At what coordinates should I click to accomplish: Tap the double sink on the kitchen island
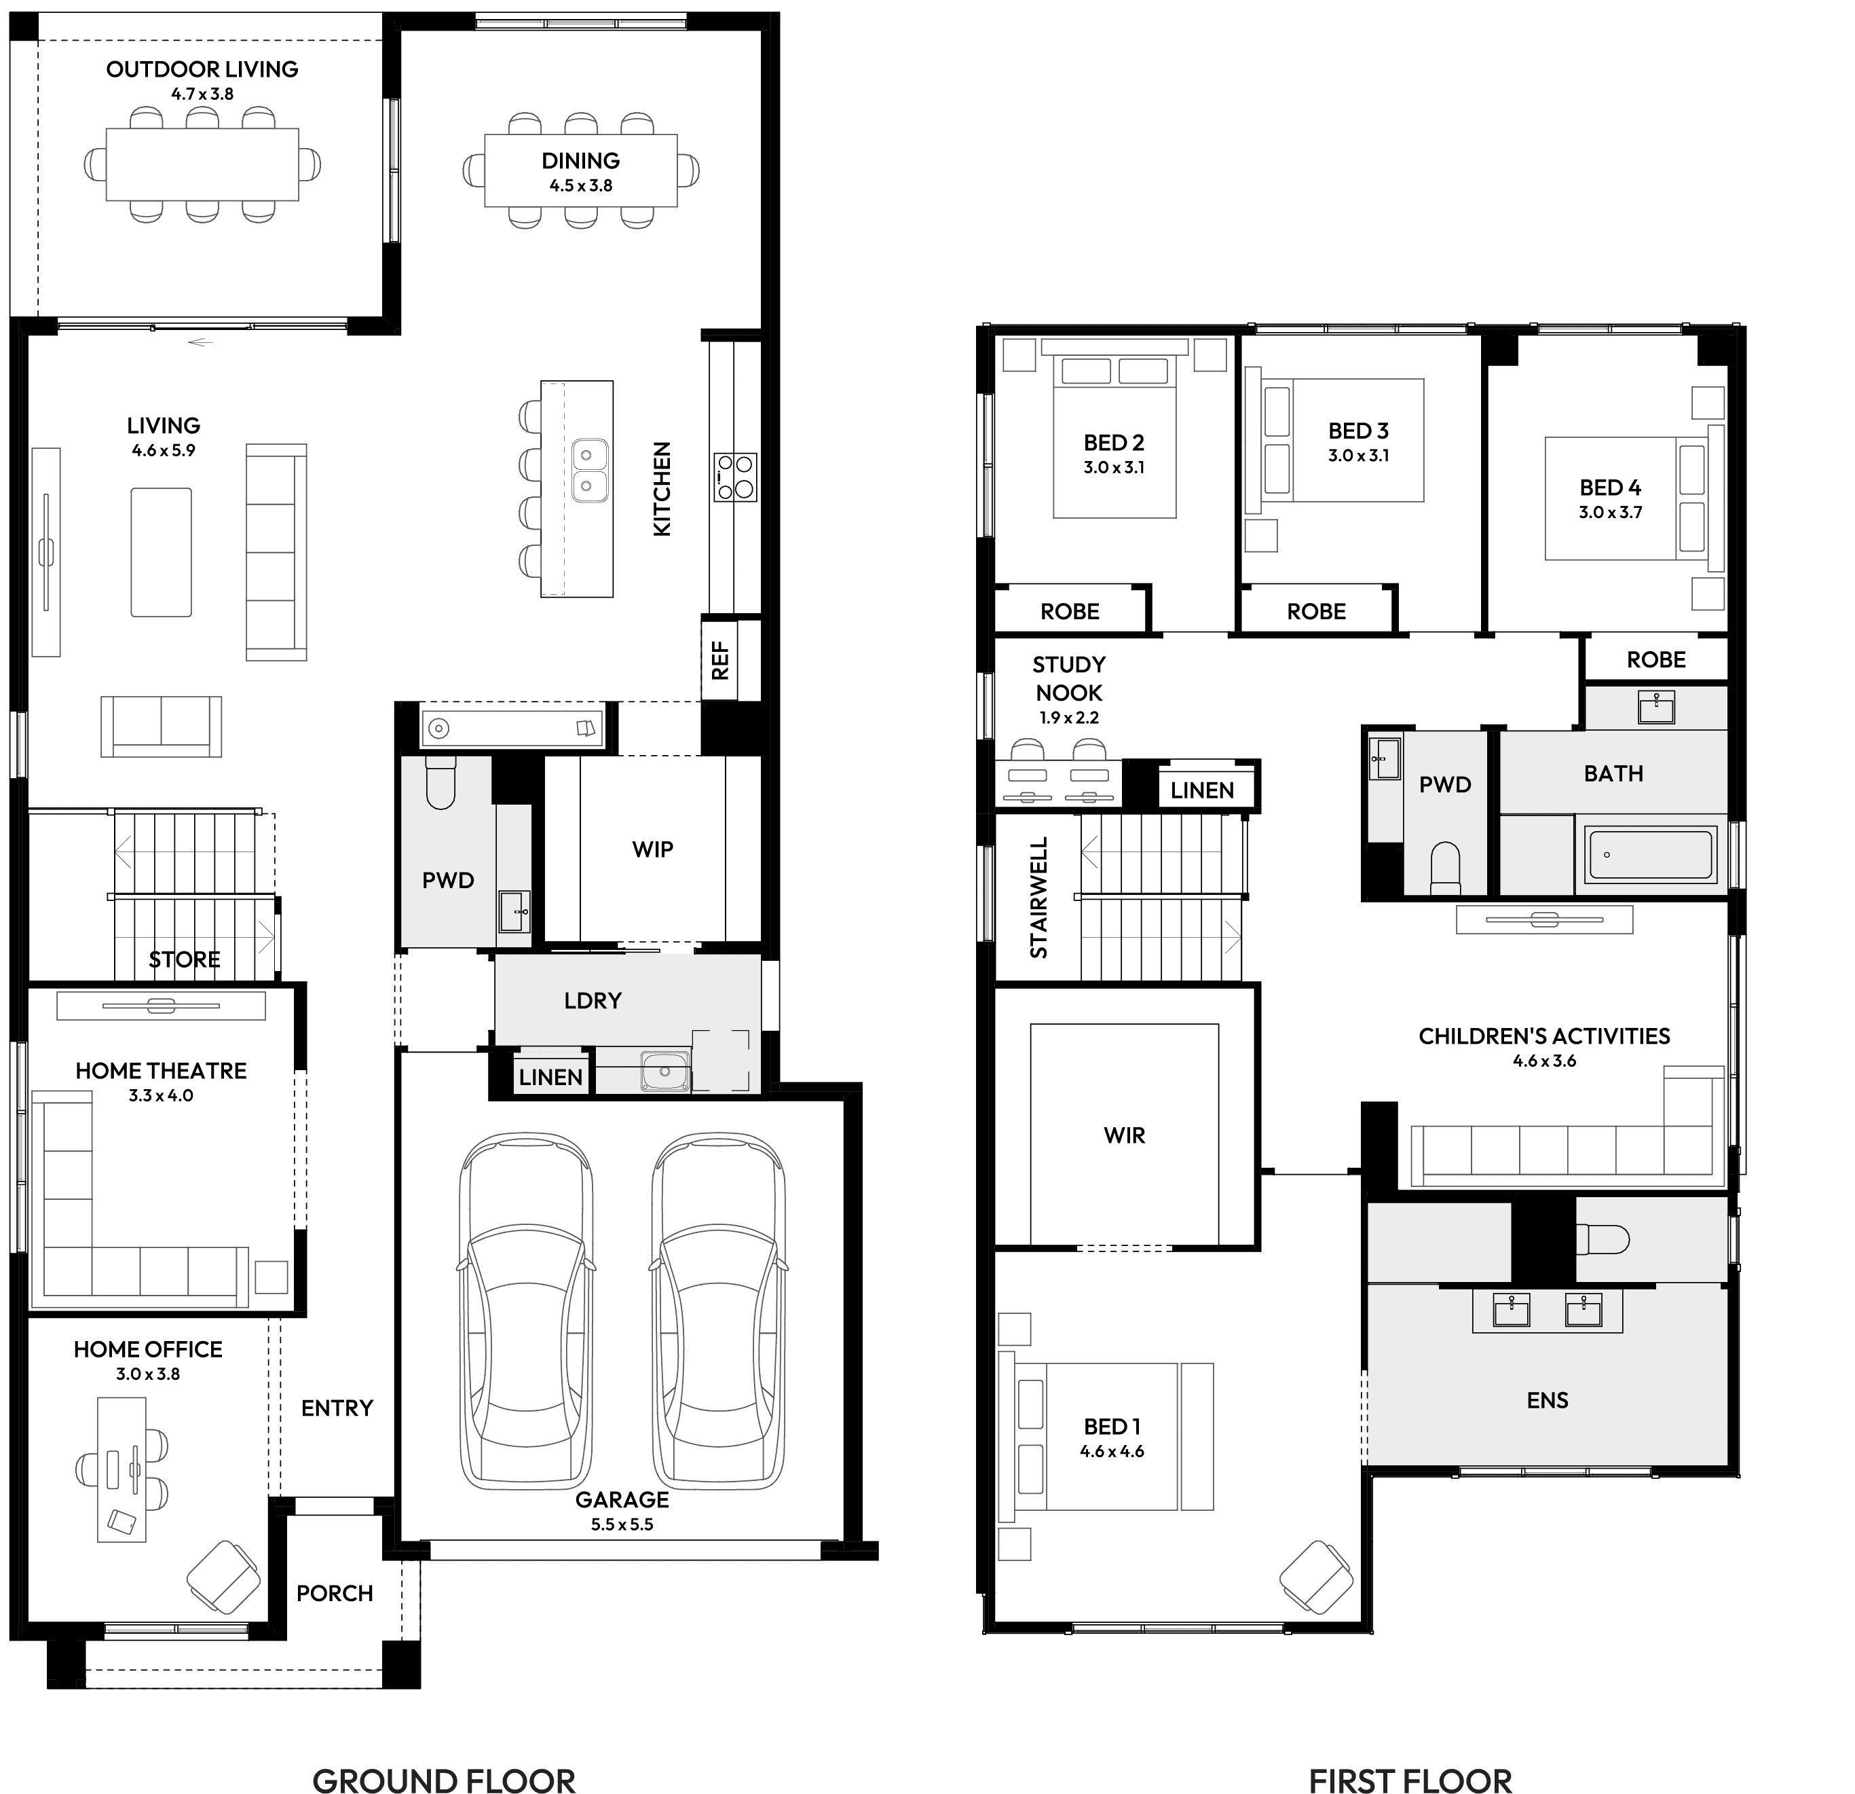[x=588, y=471]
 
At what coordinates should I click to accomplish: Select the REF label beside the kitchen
[x=720, y=661]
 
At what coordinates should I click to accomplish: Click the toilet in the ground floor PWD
[x=440, y=783]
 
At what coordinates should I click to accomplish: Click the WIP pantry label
[x=653, y=849]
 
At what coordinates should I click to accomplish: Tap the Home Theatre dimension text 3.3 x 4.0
[x=161, y=1095]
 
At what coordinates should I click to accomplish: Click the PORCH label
[x=335, y=1593]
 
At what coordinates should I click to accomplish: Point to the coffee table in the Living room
[x=161, y=552]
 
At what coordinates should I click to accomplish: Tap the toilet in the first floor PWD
[x=1445, y=867]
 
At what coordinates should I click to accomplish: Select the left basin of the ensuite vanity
[x=1512, y=1311]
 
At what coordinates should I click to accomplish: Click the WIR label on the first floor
[x=1125, y=1135]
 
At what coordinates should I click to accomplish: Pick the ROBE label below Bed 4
[x=1656, y=660]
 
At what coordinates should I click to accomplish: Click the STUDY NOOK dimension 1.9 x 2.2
[x=1070, y=718]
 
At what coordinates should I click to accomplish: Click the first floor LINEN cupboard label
[x=1202, y=790]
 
